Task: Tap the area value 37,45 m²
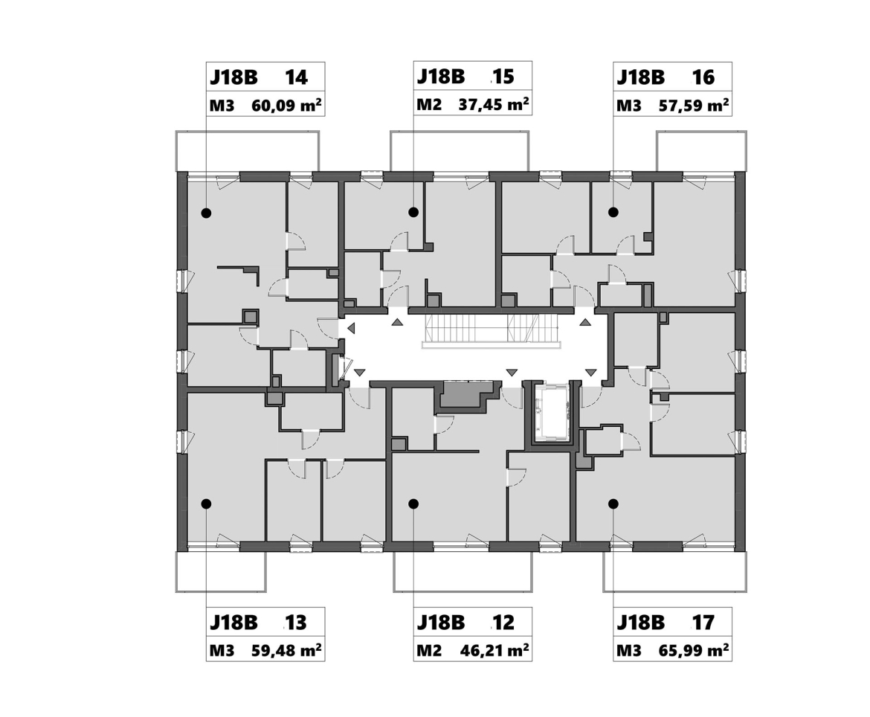point(493,104)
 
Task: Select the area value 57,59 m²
point(694,106)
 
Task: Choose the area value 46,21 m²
point(494,650)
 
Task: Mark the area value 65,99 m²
point(694,650)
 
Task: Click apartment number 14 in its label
point(296,77)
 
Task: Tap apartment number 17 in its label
point(703,622)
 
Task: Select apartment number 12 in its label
point(503,622)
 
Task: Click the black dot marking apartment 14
point(207,213)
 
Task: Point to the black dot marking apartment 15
point(413,212)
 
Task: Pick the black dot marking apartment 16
point(613,212)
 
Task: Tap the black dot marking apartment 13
point(207,504)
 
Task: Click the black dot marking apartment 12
point(413,504)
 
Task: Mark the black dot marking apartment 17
point(613,504)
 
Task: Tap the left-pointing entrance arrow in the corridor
point(351,329)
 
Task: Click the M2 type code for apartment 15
point(429,104)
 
